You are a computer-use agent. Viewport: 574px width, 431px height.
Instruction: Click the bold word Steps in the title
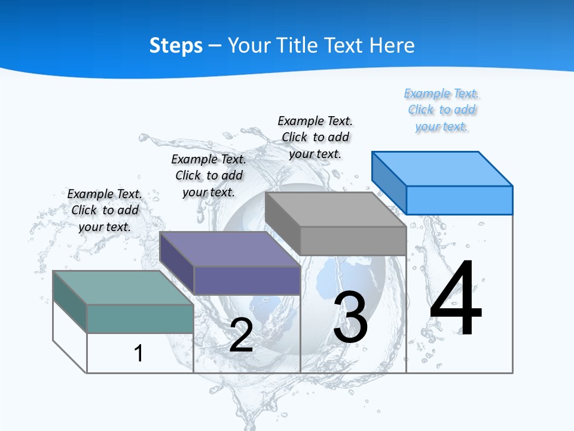[176, 45]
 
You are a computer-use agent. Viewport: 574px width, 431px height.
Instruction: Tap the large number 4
[456, 299]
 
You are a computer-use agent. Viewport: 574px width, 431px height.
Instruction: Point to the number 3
[350, 317]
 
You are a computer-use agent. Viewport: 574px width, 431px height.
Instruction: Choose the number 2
[241, 335]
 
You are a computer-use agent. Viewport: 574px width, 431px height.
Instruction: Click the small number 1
[139, 353]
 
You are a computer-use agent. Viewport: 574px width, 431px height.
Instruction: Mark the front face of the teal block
[140, 318]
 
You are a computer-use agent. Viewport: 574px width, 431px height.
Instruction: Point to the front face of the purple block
[246, 280]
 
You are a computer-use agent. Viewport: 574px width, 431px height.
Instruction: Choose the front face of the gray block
[353, 241]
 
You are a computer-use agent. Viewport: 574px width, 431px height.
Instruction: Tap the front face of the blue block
[459, 200]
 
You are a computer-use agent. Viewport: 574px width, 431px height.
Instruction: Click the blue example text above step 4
[442, 110]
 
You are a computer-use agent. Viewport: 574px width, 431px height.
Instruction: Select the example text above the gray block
[315, 137]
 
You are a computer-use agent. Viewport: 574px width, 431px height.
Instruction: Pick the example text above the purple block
[209, 175]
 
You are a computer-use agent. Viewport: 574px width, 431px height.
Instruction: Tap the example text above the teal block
[105, 210]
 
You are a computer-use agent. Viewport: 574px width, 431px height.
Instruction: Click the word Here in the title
[393, 45]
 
